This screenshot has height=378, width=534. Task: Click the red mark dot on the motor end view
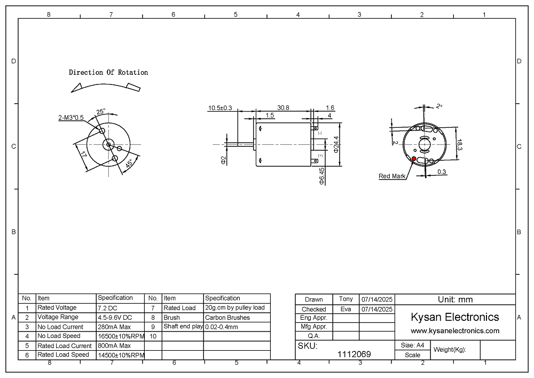click(414, 158)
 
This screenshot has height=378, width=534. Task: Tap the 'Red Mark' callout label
click(392, 176)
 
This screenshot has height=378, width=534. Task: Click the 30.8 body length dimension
click(283, 107)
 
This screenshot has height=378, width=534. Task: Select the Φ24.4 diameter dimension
click(336, 144)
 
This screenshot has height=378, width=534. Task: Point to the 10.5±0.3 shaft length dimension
click(220, 108)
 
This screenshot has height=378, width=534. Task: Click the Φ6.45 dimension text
click(322, 176)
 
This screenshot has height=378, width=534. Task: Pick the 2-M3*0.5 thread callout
click(71, 118)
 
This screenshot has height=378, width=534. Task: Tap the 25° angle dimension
click(101, 111)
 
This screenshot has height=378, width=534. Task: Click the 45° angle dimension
click(129, 164)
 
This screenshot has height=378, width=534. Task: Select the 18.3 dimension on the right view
click(459, 145)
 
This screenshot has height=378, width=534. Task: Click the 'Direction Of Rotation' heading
click(108, 72)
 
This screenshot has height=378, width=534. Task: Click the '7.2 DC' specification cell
click(108, 308)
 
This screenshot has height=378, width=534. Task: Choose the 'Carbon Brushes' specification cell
click(227, 318)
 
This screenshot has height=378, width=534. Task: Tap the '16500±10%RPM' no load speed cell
click(121, 336)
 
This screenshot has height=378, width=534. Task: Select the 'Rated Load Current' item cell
click(65, 345)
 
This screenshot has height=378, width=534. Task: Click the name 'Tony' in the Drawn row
click(345, 299)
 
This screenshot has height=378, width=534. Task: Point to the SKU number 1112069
click(354, 354)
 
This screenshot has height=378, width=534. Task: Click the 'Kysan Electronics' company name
click(455, 317)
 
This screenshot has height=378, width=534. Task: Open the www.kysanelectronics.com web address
click(455, 330)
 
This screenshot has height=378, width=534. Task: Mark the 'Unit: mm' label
click(456, 299)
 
